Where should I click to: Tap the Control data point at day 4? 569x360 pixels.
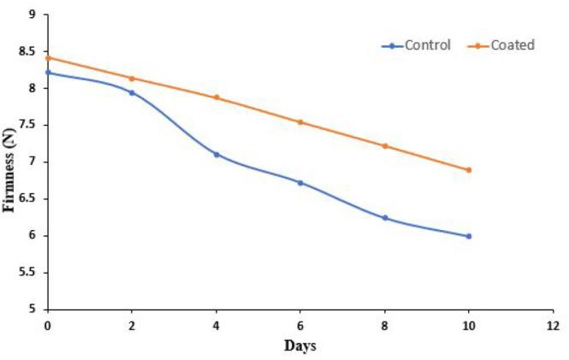[x=216, y=155]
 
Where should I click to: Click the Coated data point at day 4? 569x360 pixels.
[x=216, y=97]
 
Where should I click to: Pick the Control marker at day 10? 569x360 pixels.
[x=469, y=236]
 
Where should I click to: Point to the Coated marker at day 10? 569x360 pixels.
[x=469, y=170]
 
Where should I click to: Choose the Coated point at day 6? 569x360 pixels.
[x=300, y=122]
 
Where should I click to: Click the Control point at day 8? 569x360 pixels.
[x=385, y=218]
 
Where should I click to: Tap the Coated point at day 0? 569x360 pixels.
[x=48, y=58]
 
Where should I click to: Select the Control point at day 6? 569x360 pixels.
[x=300, y=183]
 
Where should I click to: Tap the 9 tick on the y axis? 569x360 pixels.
[x=32, y=15]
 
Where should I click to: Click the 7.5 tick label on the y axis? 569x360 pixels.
[x=27, y=125]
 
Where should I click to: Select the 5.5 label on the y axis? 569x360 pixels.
[x=27, y=273]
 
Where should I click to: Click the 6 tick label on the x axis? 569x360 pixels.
[x=300, y=326]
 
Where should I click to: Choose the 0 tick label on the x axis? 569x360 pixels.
[x=48, y=326]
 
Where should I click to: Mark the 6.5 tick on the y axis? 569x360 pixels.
[x=27, y=199]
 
